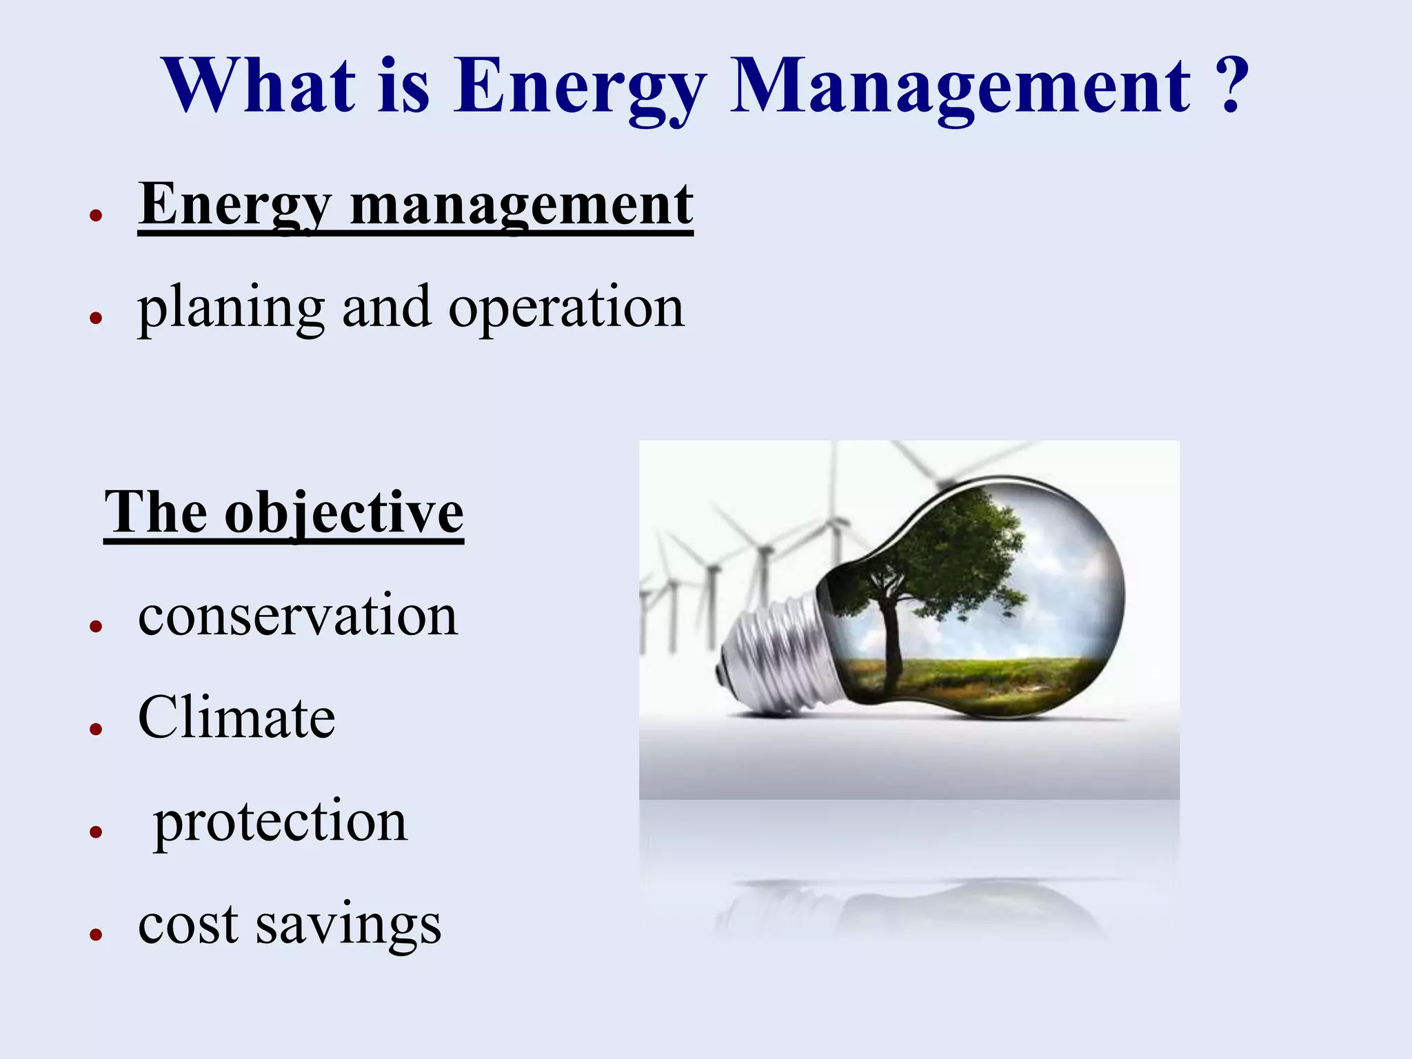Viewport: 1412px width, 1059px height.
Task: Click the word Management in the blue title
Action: click(x=960, y=88)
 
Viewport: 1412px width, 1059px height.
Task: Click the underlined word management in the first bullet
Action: click(x=521, y=205)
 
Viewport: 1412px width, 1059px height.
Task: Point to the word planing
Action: click(x=231, y=308)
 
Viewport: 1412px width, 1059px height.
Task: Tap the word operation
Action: click(x=566, y=308)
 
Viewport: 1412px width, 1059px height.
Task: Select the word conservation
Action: click(x=297, y=615)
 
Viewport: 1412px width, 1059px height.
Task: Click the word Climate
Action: click(x=236, y=718)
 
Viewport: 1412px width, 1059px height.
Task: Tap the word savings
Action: click(x=348, y=925)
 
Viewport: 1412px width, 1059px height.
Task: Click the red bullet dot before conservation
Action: click(x=96, y=626)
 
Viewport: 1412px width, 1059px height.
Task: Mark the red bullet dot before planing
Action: click(x=96, y=318)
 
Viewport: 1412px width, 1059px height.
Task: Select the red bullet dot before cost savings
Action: click(x=96, y=935)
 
